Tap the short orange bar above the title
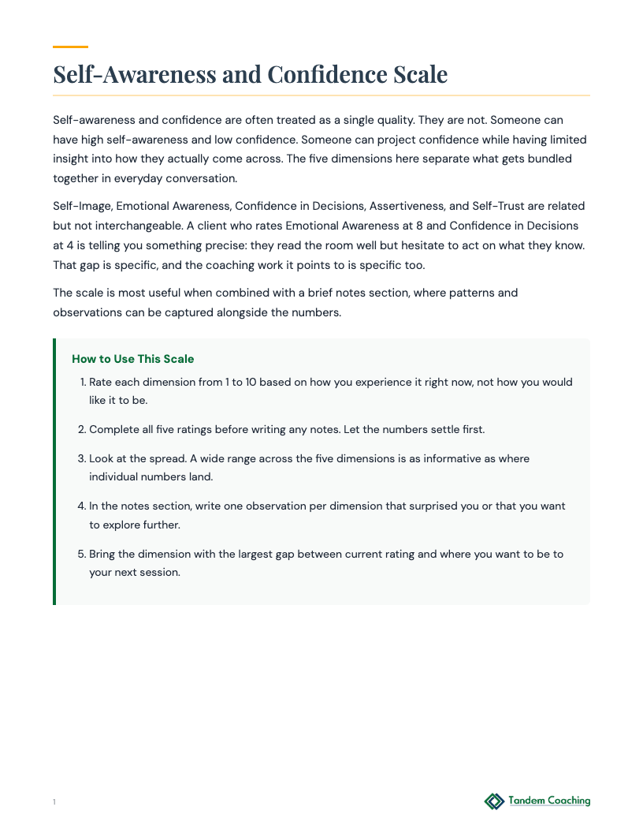(70, 47)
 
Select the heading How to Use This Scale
(132, 359)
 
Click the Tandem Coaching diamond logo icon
(494, 801)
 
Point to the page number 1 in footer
(54, 802)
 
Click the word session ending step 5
(160, 573)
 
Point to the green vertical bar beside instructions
(54, 472)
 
